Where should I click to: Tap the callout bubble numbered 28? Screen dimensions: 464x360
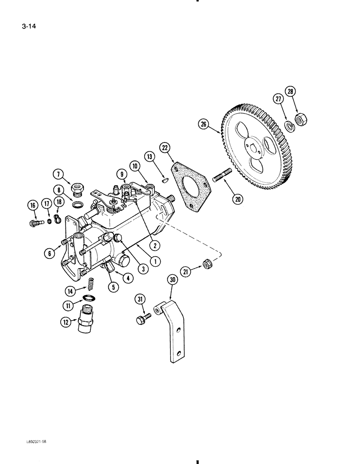coord(290,93)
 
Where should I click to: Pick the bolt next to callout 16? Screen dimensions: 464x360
coord(33,223)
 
